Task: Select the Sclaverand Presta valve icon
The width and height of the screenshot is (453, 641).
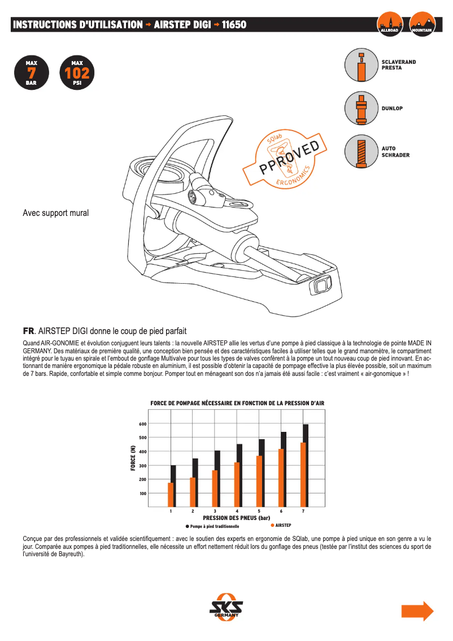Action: (361, 65)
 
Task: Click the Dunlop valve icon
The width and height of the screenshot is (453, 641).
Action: (361, 108)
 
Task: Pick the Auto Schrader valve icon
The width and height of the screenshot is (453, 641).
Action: (361, 151)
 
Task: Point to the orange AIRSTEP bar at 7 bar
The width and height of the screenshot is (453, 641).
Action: (303, 475)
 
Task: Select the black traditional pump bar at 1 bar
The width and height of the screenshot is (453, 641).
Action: (174, 486)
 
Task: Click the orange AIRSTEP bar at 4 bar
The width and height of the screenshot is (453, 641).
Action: (237, 484)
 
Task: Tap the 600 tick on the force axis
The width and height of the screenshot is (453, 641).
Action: (142, 424)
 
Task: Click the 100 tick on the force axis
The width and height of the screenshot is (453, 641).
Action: (142, 493)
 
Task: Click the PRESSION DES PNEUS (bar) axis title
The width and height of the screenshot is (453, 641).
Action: (237, 518)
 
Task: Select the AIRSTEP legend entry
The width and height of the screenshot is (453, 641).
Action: (282, 526)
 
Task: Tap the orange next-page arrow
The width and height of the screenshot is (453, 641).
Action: (417, 612)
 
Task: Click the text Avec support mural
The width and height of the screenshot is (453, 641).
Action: (55, 213)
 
